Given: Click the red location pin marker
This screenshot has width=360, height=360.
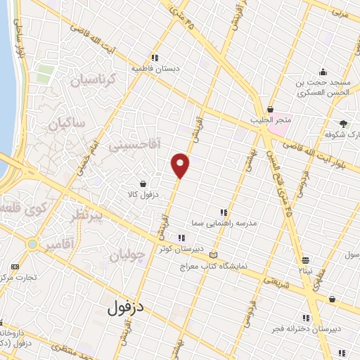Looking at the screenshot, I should click(181, 165).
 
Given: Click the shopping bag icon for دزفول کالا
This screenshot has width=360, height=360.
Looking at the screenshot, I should click(143, 183).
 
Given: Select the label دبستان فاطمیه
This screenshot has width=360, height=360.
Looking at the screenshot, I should click(154, 69).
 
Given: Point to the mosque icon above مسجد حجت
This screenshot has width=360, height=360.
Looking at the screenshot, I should click(323, 71).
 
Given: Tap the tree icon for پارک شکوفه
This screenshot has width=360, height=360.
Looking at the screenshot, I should click(344, 123).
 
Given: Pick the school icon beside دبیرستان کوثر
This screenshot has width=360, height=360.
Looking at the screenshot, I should click(182, 238).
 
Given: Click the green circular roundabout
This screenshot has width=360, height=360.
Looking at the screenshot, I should click(32, 243).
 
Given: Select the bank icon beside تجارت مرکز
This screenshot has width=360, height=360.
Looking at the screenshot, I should click(15, 267).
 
